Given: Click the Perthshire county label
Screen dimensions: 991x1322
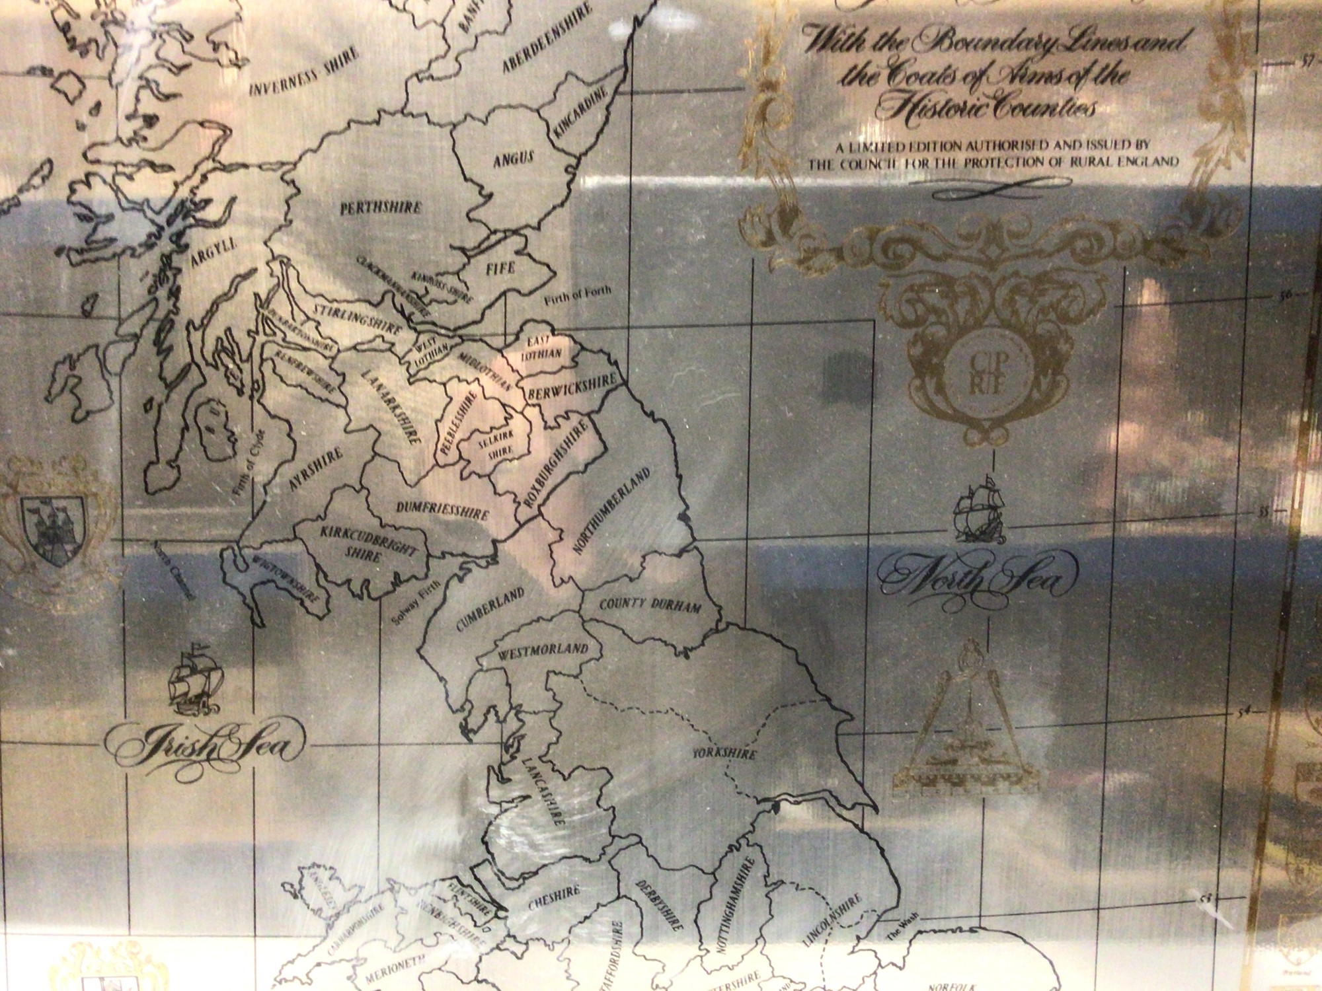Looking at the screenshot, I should pyautogui.click(x=380, y=208).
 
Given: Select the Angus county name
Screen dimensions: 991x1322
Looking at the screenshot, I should pyautogui.click(x=514, y=159).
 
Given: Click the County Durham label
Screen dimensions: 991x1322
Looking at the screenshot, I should pyautogui.click(x=650, y=605).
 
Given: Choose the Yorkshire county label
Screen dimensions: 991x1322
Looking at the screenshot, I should pyautogui.click(x=724, y=754).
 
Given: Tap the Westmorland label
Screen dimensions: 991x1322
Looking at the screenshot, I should pyautogui.click(x=543, y=649).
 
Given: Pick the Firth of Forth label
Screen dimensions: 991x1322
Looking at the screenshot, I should pyautogui.click(x=578, y=295).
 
